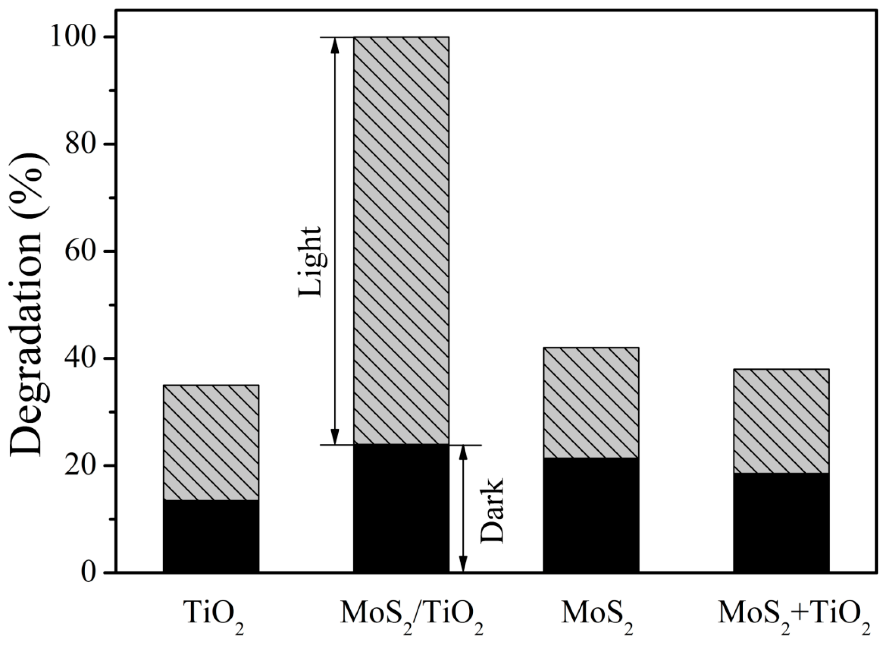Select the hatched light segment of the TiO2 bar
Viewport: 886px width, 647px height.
point(211,442)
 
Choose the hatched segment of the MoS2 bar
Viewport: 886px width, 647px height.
point(591,402)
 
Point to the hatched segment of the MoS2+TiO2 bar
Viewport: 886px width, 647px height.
point(781,421)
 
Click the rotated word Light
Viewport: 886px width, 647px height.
point(313,261)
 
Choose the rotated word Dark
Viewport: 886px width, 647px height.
point(492,510)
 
